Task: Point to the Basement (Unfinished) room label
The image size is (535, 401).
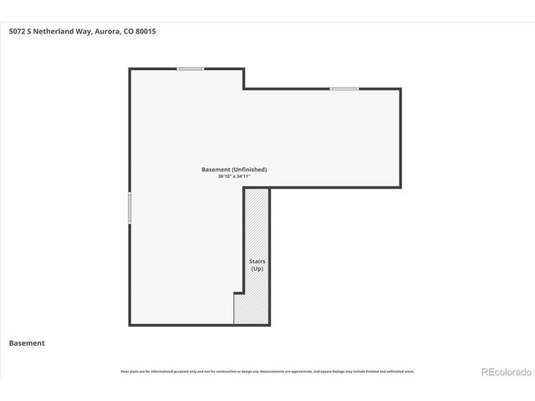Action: pos(234,170)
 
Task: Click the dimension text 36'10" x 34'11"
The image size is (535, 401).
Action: pos(234,176)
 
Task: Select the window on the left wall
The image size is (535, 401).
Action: pos(130,208)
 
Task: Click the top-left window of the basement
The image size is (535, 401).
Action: pos(191,69)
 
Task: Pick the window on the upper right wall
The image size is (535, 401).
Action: pos(344,89)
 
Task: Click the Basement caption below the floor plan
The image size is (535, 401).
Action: pos(27,343)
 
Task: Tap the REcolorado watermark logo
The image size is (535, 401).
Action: pos(504,371)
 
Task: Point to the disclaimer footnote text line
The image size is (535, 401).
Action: pos(267,371)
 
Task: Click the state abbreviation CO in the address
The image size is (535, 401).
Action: pos(128,32)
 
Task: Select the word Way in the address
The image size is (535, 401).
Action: pos(84,32)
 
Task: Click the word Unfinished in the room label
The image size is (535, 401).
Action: pos(250,170)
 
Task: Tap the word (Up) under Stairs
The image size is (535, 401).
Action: pos(257,268)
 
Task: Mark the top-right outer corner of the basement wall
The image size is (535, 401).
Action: pos(400,89)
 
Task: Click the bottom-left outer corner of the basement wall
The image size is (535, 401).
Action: pos(130,325)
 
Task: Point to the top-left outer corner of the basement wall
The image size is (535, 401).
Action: pos(130,69)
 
